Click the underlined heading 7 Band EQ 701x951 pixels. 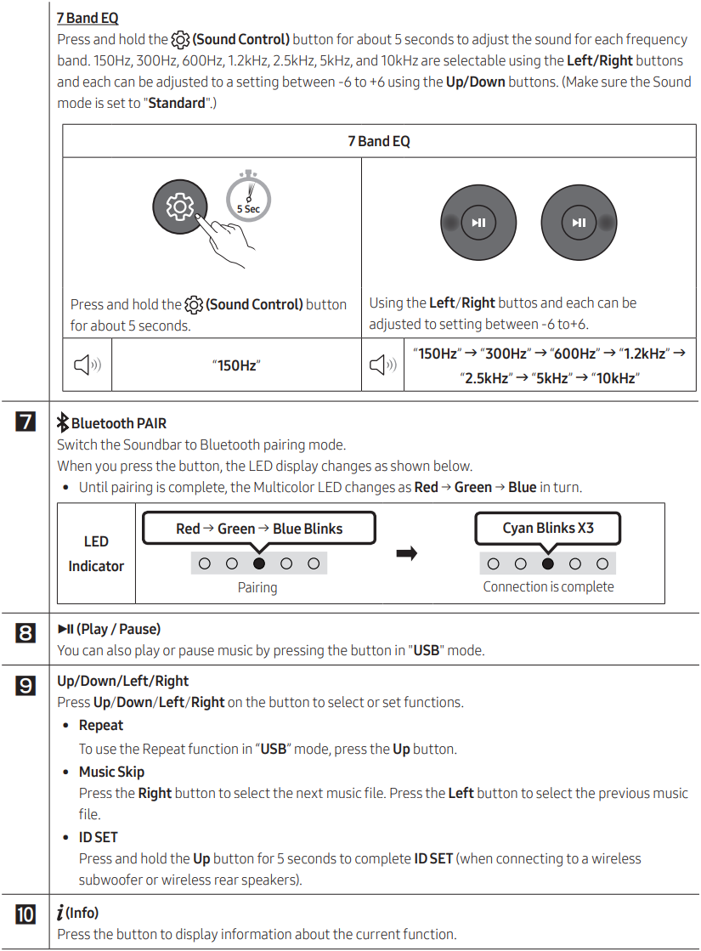point(88,18)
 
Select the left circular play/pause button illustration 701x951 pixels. point(478,223)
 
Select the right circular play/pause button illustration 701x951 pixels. point(579,223)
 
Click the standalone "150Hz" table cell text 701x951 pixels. point(236,365)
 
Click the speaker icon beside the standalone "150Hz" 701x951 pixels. point(87,365)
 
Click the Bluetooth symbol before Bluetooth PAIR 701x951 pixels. point(62,422)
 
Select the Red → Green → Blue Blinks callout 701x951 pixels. point(258,529)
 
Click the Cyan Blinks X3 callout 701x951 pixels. point(548,528)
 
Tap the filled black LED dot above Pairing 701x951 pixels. point(259,563)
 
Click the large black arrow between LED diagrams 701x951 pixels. point(407,554)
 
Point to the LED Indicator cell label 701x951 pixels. point(96,553)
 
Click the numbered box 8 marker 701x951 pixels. point(26,632)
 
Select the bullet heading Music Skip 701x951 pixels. point(111,772)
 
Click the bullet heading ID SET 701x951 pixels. point(99,837)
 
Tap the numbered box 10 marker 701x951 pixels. point(26,915)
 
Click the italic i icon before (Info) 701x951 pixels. point(61,913)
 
